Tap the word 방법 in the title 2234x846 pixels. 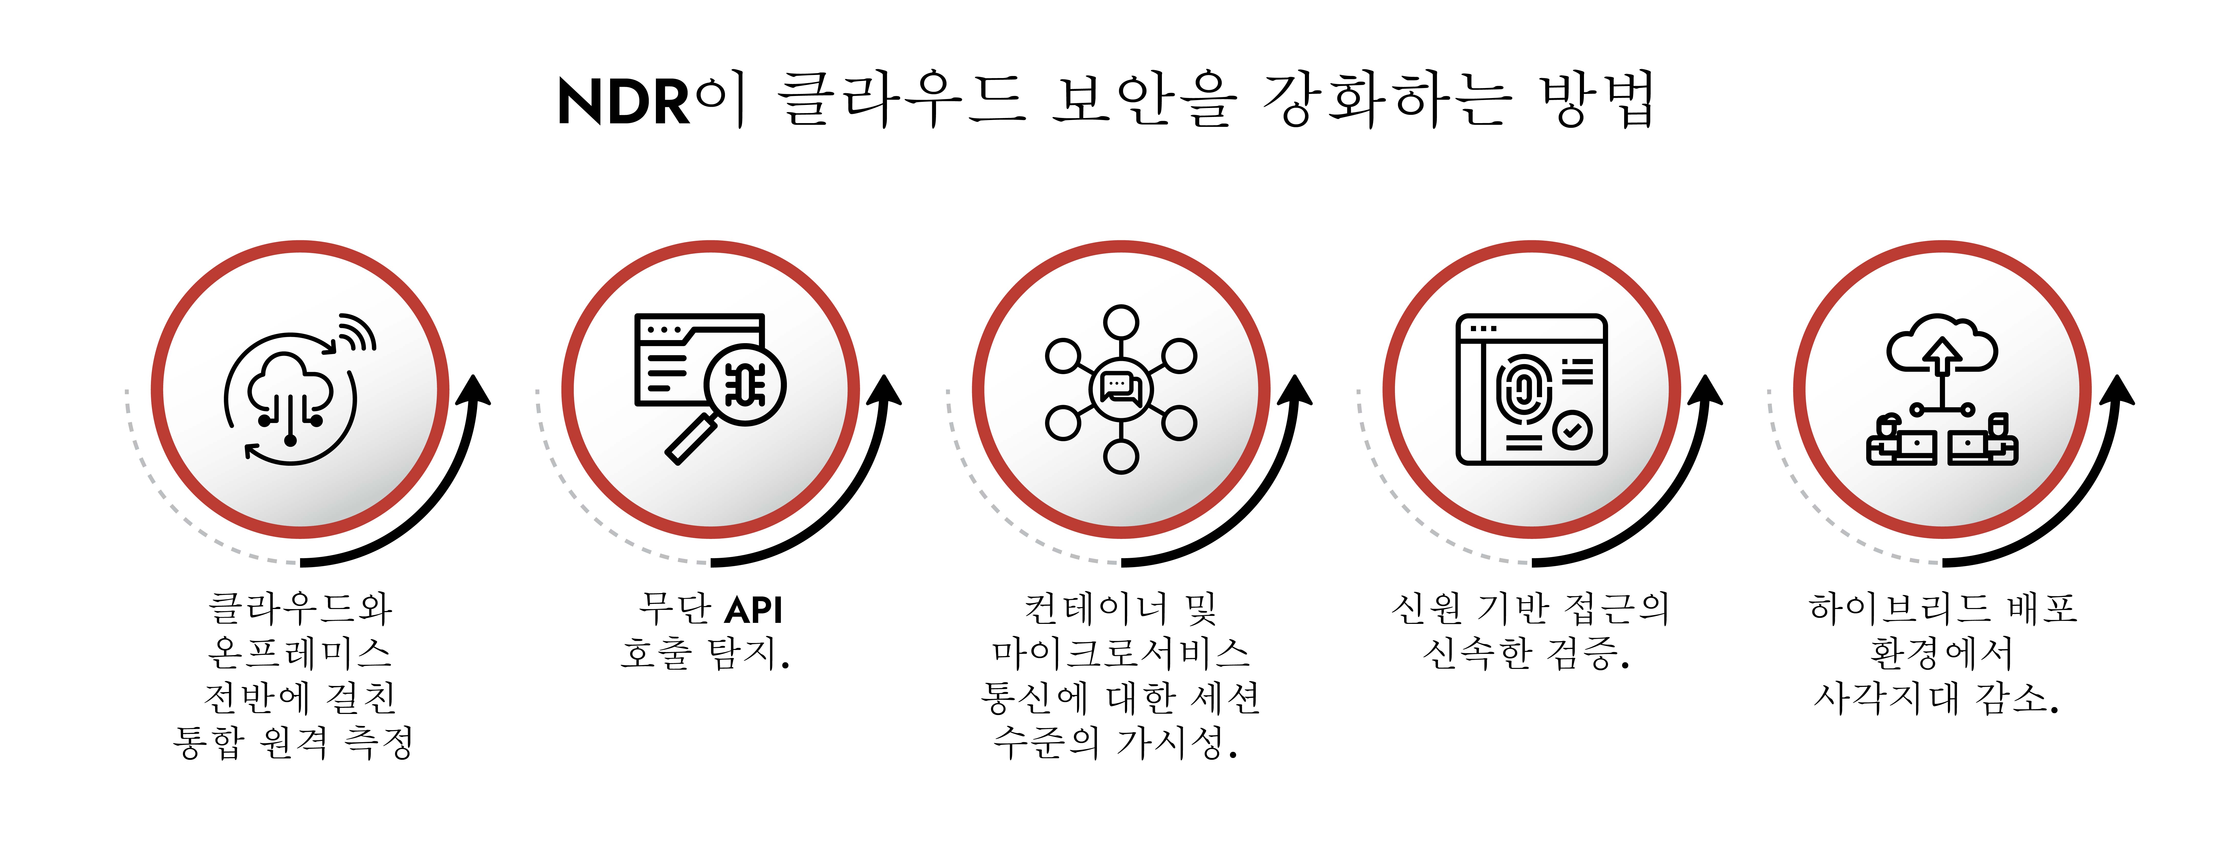[x=1596, y=100]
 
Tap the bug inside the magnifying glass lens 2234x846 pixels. [x=745, y=384]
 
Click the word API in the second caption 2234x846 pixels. [x=754, y=610]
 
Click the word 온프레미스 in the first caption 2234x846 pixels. [x=299, y=653]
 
